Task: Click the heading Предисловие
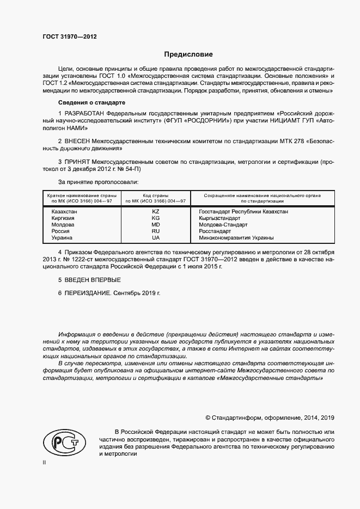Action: (x=188, y=54)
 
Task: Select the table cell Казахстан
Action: (x=64, y=211)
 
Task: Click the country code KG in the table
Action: (x=155, y=218)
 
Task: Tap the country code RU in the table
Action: (x=155, y=231)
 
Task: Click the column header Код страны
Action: (x=155, y=195)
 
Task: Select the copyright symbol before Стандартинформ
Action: (x=208, y=418)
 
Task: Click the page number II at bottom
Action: (x=44, y=462)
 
